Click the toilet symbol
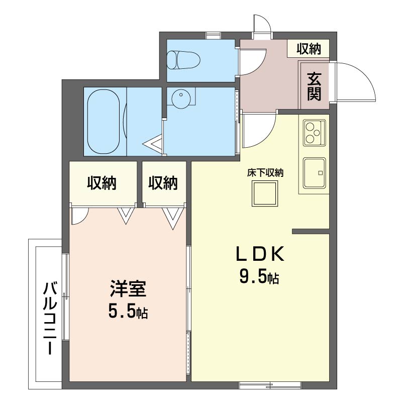tap(183, 60)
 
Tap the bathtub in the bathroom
tap(104, 122)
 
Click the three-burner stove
tap(315, 133)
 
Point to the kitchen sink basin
tap(315, 172)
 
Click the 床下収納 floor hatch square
tap(265, 193)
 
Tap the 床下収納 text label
tap(265, 173)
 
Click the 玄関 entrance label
tap(314, 86)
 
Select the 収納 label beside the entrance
tap(309, 49)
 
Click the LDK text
tap(260, 254)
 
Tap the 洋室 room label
tap(128, 288)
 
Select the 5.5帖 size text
tap(128, 311)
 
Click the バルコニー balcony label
tap(50, 318)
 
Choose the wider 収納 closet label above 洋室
tap(102, 183)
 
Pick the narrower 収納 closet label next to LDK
tap(163, 183)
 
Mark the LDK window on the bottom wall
tap(270, 385)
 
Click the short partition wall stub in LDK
tap(311, 232)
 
